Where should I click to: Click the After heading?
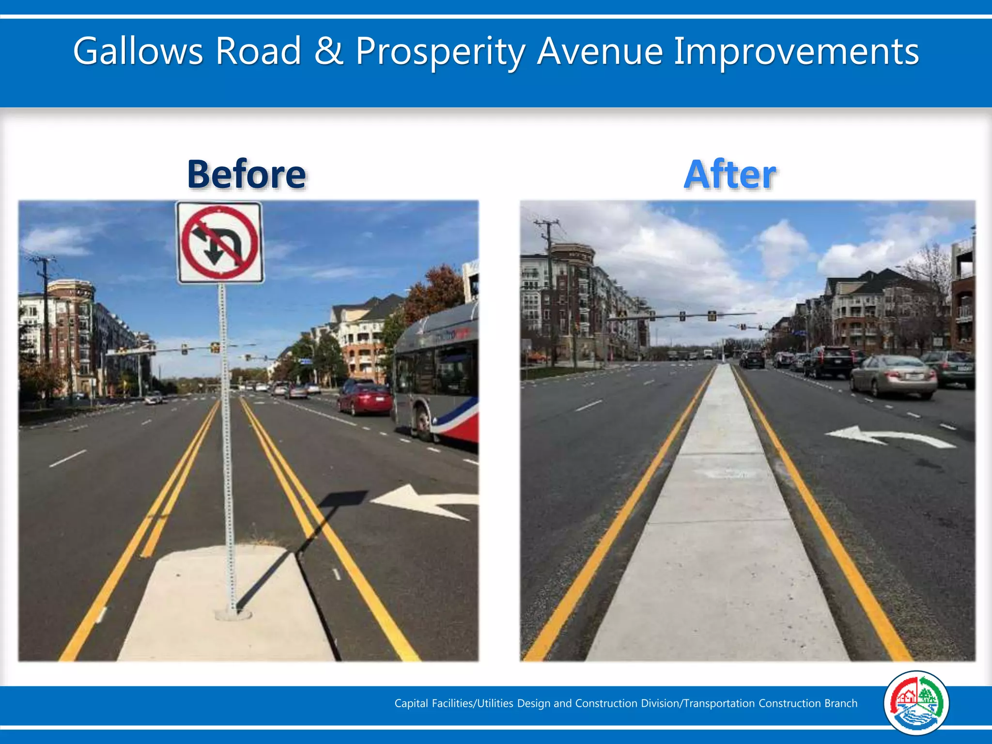coord(730,174)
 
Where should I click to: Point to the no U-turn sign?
coord(220,243)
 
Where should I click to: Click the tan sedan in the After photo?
coord(894,375)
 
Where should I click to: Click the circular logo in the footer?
coord(916,703)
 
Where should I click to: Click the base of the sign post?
coord(233,614)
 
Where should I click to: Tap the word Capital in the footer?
coord(411,703)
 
